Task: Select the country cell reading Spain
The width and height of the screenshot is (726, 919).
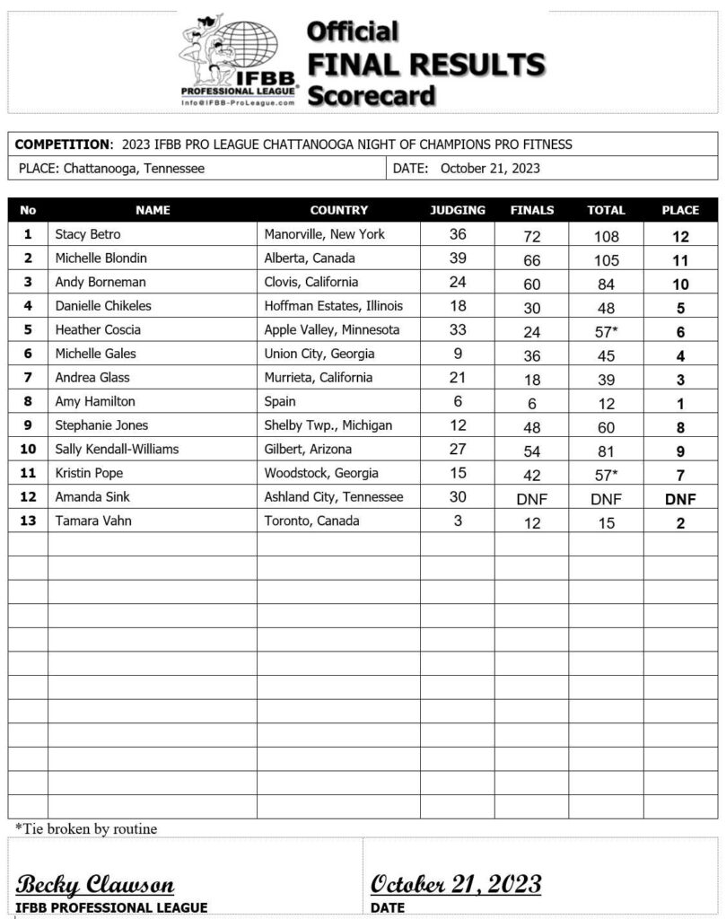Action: (282, 401)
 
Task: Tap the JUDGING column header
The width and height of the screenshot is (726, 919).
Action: (458, 210)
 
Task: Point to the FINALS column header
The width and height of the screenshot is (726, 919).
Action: (532, 210)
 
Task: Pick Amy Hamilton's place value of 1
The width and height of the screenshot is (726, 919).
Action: (679, 403)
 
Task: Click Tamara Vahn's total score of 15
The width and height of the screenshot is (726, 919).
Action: (606, 523)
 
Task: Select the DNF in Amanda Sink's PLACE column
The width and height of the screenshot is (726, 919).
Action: (679, 499)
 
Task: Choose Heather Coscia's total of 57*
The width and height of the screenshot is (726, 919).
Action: (606, 331)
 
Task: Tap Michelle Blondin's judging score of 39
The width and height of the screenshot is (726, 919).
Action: (458, 258)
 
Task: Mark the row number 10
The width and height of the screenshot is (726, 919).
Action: (28, 449)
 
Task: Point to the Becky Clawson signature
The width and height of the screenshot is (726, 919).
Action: (95, 884)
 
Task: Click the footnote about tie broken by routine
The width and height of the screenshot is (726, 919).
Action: (86, 828)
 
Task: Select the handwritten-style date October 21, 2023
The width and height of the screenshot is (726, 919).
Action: (456, 884)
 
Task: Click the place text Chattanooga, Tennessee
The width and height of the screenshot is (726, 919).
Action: (134, 168)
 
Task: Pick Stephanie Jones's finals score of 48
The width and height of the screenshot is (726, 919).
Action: (532, 427)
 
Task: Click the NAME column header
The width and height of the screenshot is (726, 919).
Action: (153, 210)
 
